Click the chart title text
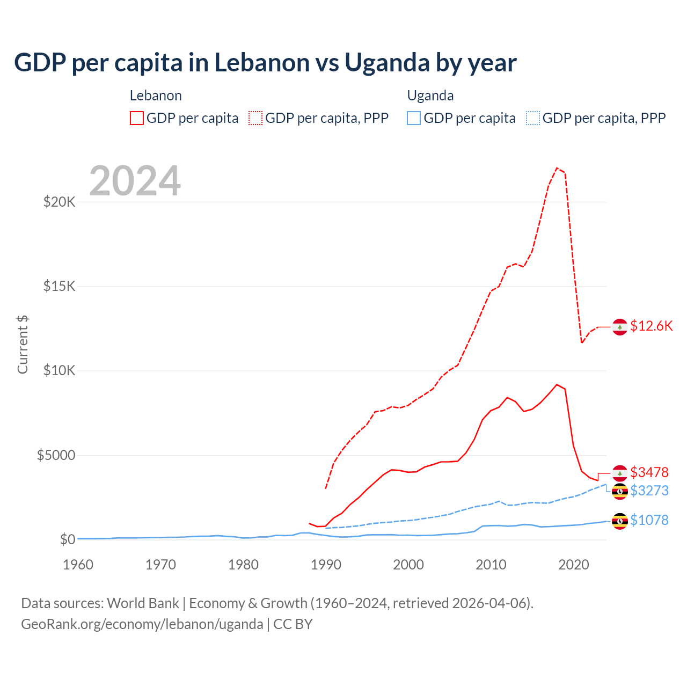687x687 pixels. [265, 63]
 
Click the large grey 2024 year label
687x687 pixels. [135, 181]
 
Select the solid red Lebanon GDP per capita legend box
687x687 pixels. [137, 118]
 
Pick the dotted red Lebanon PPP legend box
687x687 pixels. [255, 118]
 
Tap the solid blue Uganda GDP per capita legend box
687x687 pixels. [414, 118]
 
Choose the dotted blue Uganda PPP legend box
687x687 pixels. [533, 118]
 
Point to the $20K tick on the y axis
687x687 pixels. [59, 202]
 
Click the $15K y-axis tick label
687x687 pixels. [59, 286]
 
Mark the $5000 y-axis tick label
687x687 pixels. [56, 456]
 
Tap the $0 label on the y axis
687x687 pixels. [67, 539]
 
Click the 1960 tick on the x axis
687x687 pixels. [78, 565]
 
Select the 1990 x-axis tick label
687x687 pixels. [326, 565]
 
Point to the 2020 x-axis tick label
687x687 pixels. [574, 565]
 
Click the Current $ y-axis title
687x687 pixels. [23, 345]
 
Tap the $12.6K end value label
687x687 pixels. [651, 326]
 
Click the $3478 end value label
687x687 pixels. [649, 472]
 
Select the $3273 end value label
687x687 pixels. [649, 491]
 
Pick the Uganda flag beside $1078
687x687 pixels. [620, 521]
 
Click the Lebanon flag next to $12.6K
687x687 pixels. [620, 326]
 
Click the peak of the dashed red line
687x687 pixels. [557, 168]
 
